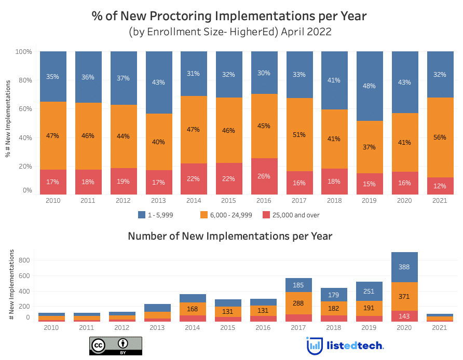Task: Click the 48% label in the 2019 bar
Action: point(369,86)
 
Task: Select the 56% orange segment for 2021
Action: point(439,137)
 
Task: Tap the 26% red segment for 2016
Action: point(264,176)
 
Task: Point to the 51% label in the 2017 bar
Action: point(299,135)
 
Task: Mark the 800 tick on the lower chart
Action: point(24,260)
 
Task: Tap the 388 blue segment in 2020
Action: point(404,267)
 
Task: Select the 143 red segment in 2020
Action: point(404,316)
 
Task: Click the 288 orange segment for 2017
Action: point(299,303)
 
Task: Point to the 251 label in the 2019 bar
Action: point(369,292)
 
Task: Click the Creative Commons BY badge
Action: point(116,346)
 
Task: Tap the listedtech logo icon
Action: point(314,346)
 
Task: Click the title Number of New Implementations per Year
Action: point(230,237)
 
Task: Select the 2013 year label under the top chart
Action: point(158,200)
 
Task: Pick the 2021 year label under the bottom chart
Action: point(439,327)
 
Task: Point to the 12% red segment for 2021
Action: point(439,186)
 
